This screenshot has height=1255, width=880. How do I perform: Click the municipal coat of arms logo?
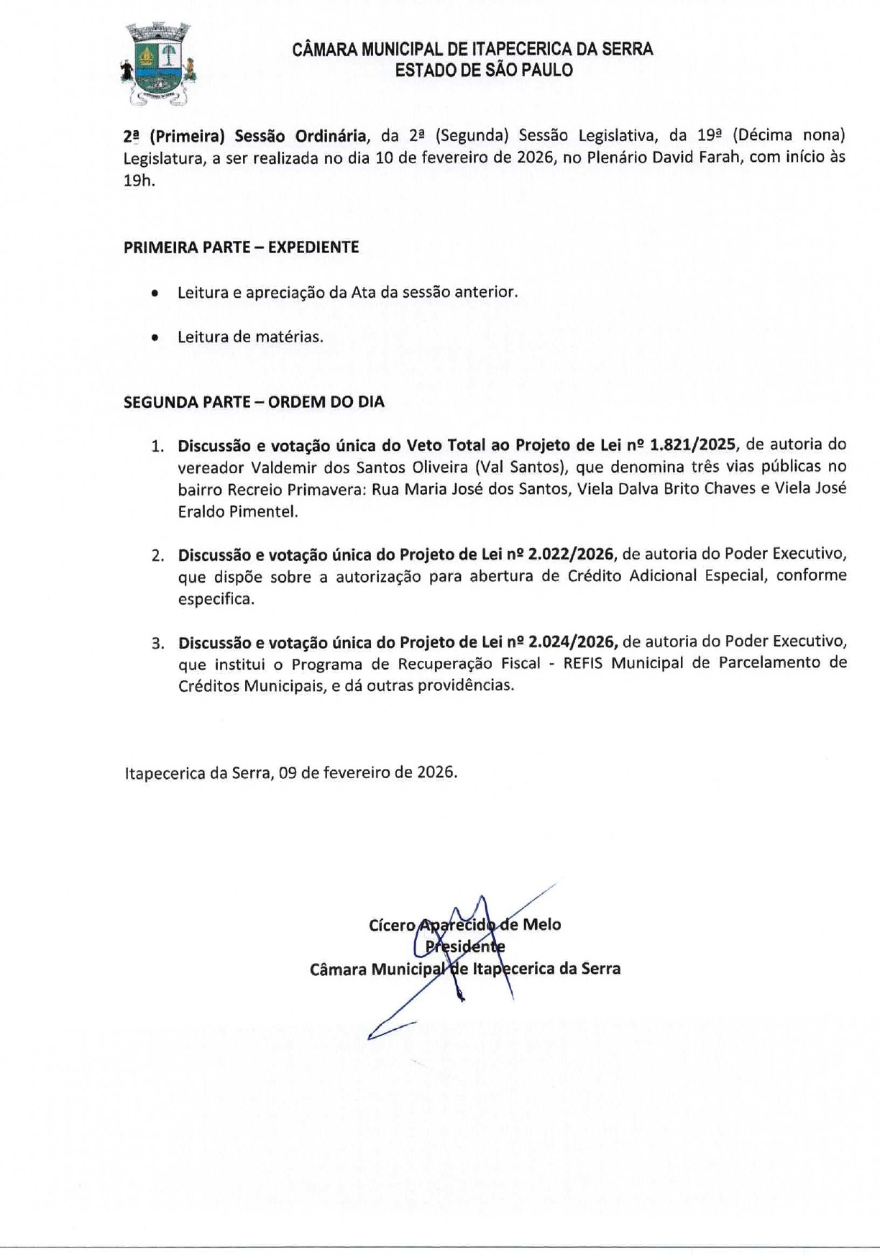pos(159,63)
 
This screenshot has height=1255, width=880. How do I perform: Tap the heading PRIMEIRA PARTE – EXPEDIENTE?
pos(241,247)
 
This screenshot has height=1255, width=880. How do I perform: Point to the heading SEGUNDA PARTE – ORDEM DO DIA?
pos(254,402)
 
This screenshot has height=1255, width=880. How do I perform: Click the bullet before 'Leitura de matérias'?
pos(155,337)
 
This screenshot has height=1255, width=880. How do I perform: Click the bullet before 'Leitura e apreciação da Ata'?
pos(155,293)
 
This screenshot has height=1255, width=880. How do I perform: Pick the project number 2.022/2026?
pos(572,555)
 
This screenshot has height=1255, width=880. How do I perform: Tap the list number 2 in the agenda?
pos(157,555)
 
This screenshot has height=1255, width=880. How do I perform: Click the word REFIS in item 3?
pos(583,663)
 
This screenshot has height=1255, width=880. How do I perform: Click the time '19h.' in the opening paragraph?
pos(139,181)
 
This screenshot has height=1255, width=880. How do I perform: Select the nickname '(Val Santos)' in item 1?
pos(518,467)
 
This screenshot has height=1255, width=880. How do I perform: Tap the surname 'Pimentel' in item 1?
pos(263,512)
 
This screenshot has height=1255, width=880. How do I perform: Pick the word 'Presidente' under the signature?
pos(465,946)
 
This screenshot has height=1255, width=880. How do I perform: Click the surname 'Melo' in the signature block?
pos(542,925)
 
